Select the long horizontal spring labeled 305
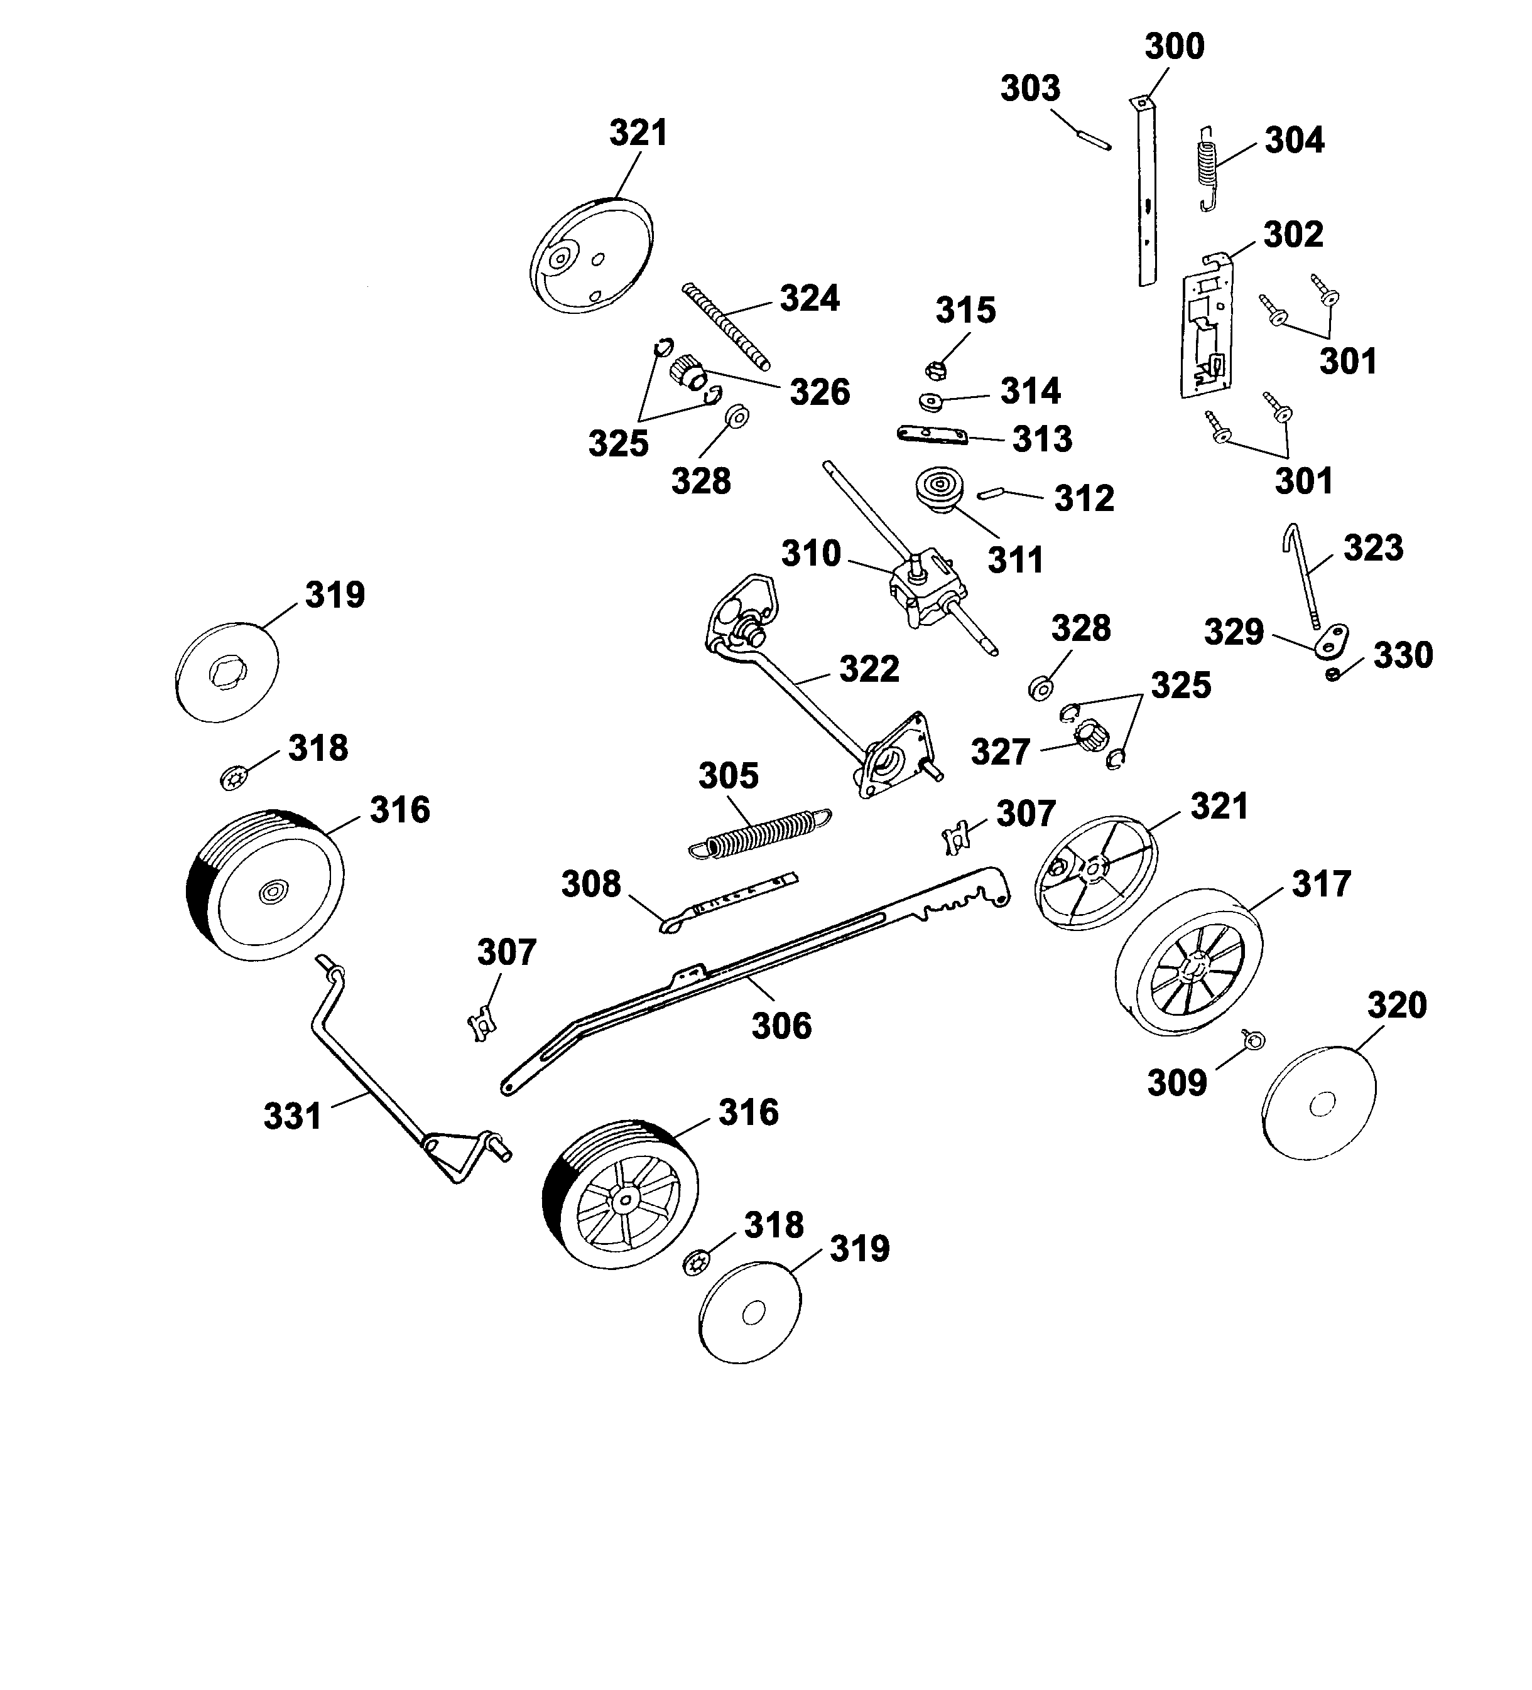pyautogui.click(x=761, y=833)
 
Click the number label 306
pyautogui.click(x=781, y=1026)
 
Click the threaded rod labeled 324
pyautogui.click(x=725, y=326)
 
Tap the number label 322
pyautogui.click(x=869, y=669)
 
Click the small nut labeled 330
pyautogui.click(x=1332, y=675)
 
